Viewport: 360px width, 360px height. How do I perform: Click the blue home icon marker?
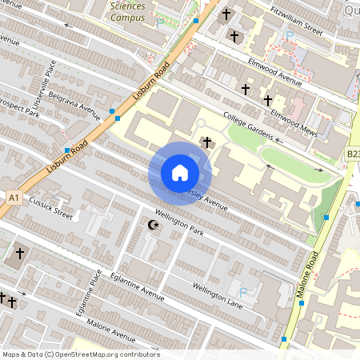[x=180, y=172]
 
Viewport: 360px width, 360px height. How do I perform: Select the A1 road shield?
[x=13, y=196]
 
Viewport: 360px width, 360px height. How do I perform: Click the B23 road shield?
[x=353, y=153]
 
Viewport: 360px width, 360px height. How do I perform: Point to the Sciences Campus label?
[x=128, y=10]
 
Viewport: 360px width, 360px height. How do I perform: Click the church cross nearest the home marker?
[x=208, y=142]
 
